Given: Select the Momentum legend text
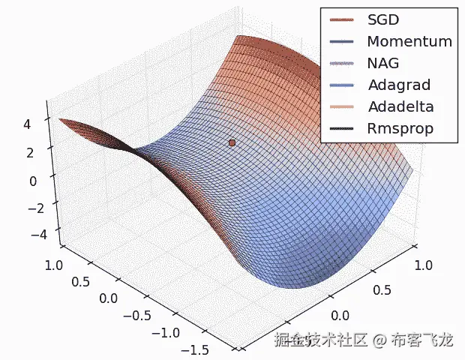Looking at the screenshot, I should pos(409,42).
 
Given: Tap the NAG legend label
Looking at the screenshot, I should pos(384,64).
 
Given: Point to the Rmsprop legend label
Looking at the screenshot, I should pos(400,129).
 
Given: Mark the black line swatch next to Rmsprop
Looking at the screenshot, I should pos(342,129).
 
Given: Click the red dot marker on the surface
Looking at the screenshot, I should pos(232,142).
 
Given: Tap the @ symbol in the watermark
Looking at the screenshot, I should pos(380,341).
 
